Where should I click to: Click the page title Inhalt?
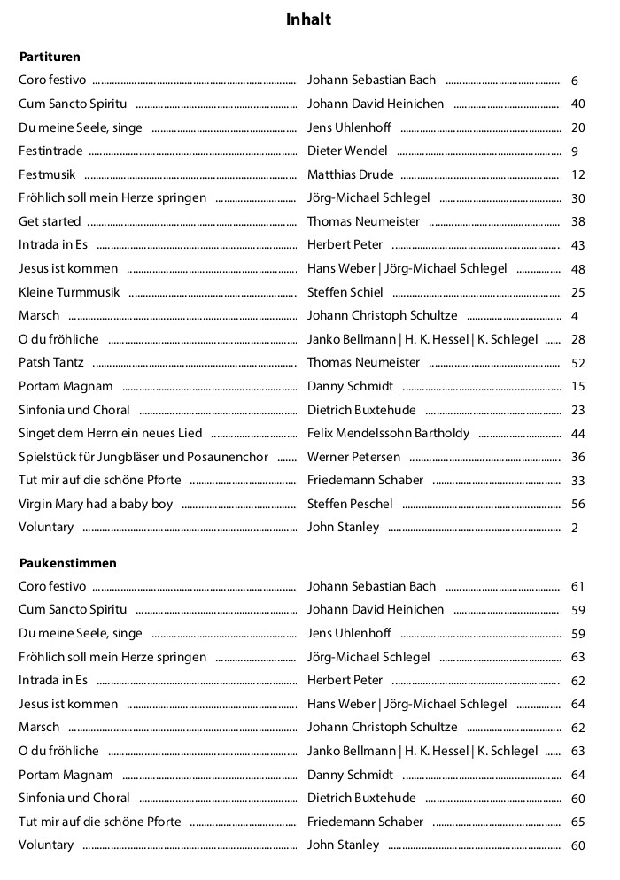coord(309,19)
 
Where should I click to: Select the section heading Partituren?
coord(50,57)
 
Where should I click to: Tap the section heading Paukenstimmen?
coord(67,563)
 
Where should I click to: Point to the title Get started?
coord(50,221)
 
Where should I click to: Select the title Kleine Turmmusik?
coord(68,292)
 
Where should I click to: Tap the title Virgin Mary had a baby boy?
coord(96,504)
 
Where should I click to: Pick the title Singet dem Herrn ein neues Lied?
coord(111,433)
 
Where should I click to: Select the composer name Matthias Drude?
coord(350,174)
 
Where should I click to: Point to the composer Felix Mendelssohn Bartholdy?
coord(389,433)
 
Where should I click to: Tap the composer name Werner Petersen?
coord(353,457)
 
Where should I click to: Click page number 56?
coord(578,505)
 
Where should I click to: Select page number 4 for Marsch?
coord(575,316)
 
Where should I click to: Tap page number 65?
coord(578,822)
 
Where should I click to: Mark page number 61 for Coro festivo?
coord(578,587)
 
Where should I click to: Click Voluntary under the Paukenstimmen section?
coord(46,845)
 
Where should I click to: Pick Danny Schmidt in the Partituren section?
coord(350,386)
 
